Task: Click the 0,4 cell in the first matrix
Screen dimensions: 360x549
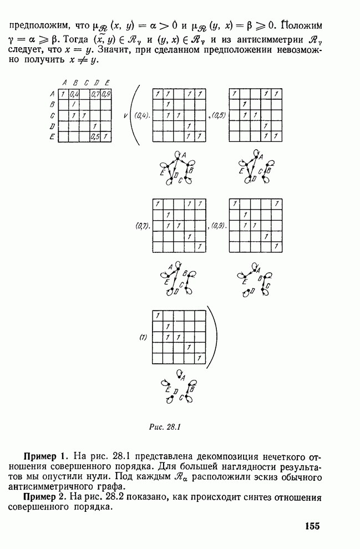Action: pos(74,94)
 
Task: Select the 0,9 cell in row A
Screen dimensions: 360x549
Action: pos(106,94)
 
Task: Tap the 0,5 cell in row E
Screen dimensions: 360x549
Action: pos(95,136)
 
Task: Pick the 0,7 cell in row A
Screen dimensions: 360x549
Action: pos(95,94)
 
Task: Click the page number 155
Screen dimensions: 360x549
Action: pos(312,526)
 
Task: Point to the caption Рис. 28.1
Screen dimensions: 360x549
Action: pos(164,427)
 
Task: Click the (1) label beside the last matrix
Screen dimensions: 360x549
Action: pos(143,338)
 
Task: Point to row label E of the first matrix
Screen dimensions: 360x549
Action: pos(52,137)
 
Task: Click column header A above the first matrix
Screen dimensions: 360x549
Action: pos(64,83)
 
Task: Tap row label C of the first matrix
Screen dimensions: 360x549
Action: pos(52,115)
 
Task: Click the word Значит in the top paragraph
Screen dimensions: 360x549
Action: pos(113,49)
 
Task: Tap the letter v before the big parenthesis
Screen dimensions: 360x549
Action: pos(125,115)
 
